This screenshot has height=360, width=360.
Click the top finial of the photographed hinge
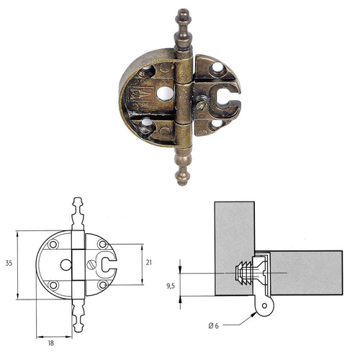click(182, 25)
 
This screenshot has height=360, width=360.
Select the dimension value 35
click(8, 264)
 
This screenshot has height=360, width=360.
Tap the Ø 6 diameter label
click(214, 326)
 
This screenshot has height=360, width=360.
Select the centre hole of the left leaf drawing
click(66, 264)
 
